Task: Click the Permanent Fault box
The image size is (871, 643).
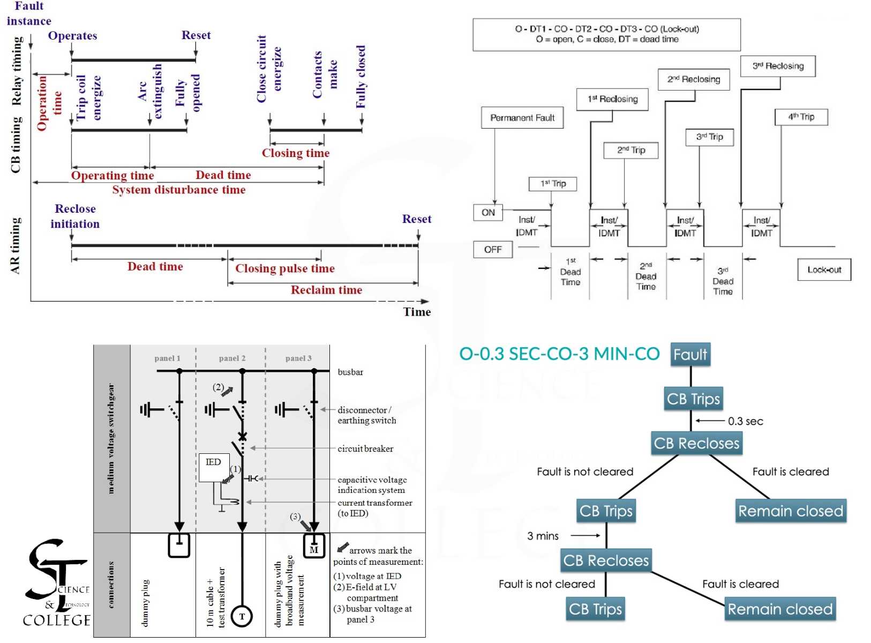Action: click(522, 118)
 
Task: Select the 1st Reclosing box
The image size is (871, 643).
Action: click(612, 99)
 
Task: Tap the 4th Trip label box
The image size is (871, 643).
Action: click(801, 117)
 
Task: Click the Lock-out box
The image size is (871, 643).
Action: click(824, 270)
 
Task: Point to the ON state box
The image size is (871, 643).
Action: click(488, 212)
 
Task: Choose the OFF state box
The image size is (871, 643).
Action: click(492, 250)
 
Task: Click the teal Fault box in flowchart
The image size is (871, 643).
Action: click(690, 355)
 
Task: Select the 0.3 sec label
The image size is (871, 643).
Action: click(745, 421)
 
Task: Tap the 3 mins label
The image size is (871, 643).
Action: click(543, 536)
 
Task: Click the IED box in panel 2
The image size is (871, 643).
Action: click(214, 467)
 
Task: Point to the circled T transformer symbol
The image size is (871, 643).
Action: click(242, 616)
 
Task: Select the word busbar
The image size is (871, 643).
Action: click(350, 372)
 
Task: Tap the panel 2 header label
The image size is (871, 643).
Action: click(232, 358)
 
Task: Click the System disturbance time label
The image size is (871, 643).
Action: click(179, 190)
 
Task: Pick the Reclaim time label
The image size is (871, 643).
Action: click(326, 290)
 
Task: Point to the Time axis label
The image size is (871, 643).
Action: click(417, 312)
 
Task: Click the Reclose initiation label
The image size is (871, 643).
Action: click(75, 216)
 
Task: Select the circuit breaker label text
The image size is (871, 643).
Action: click(365, 448)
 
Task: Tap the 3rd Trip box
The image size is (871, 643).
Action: click(709, 137)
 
